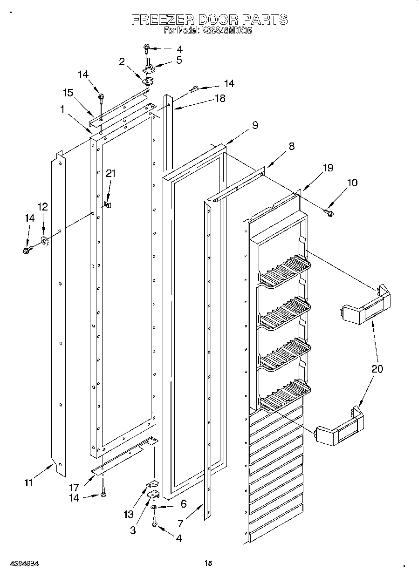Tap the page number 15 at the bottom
coord(208,563)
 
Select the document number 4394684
coord(23,563)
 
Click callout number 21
coord(110,174)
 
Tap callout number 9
coord(255,125)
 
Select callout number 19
coord(329,168)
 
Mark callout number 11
coord(28,483)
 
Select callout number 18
coord(219,98)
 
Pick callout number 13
coord(128,515)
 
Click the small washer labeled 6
coord(154,506)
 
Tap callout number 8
coord(291,146)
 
